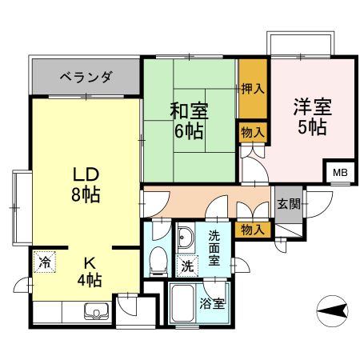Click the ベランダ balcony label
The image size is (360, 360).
point(86,78)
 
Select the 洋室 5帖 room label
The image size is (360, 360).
point(311,116)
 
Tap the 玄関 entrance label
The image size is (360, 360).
point(288,204)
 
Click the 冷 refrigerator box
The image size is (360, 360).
point(46,262)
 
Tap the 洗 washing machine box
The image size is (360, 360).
point(186,266)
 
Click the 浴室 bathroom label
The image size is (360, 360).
point(212,304)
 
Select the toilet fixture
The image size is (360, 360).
point(158,259)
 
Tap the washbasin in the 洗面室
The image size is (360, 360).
point(186,238)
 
